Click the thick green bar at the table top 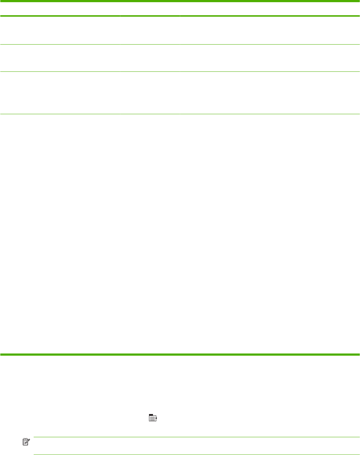pos(180,1)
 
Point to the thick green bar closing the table pos(180,354)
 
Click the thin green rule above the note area pos(196,437)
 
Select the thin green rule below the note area pos(196,455)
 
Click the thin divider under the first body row pos(180,45)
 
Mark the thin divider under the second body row pos(180,71)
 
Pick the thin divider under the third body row pos(180,115)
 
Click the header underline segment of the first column pos(60,16)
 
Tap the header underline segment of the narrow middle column pos(150,16)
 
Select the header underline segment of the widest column pos(269,16)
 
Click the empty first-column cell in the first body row pos(60,30)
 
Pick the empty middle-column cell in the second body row pos(150,58)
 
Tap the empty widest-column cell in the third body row pos(269,93)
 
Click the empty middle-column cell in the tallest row pos(150,234)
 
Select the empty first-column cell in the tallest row pos(60,234)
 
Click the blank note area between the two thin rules pos(196,446)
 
